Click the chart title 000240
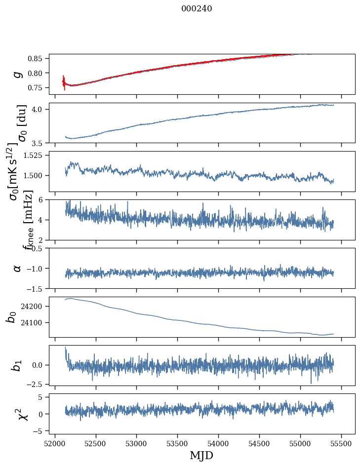tap(197, 8)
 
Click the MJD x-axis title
tap(201, 455)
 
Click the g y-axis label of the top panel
tap(18, 74)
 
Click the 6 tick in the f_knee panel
tap(43, 199)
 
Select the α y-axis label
tap(18, 268)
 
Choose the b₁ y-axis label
tap(18, 365)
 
